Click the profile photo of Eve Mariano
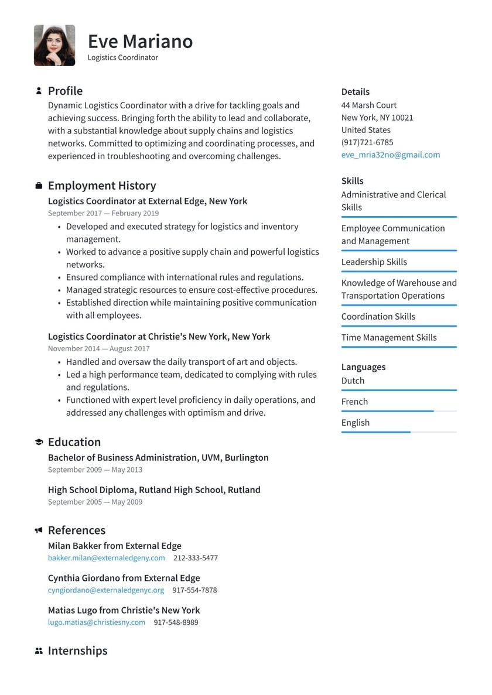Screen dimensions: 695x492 (x=54, y=45)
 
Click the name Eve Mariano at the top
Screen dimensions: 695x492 (x=140, y=41)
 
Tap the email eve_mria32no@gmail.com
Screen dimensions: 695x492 (x=390, y=155)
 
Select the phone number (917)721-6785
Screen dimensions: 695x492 (x=367, y=142)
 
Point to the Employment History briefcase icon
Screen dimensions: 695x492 (x=39, y=186)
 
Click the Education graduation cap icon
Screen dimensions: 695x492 (x=39, y=442)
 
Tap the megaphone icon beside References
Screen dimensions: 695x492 (x=39, y=530)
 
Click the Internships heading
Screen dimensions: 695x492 (x=77, y=651)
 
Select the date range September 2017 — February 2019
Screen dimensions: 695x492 (x=103, y=214)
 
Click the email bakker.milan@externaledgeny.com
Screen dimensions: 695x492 (x=106, y=558)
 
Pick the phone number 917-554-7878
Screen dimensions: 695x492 (x=195, y=590)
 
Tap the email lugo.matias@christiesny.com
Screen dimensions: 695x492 (x=97, y=622)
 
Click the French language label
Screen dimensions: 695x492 (x=354, y=402)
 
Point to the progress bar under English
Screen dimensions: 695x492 (x=398, y=432)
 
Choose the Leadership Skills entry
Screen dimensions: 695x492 (x=374, y=262)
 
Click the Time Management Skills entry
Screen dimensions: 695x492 (x=389, y=337)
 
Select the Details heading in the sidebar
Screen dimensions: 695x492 (x=355, y=92)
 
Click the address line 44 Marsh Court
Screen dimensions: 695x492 (x=368, y=105)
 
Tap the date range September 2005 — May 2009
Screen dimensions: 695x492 (x=95, y=502)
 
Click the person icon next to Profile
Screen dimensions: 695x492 (x=39, y=91)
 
